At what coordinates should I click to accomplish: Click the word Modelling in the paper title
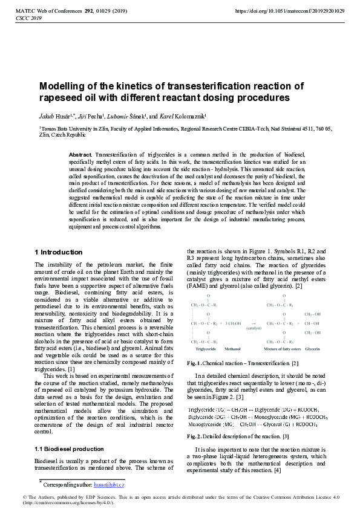(62, 86)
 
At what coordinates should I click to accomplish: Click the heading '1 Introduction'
(59, 252)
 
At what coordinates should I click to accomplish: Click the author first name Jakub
(48, 117)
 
